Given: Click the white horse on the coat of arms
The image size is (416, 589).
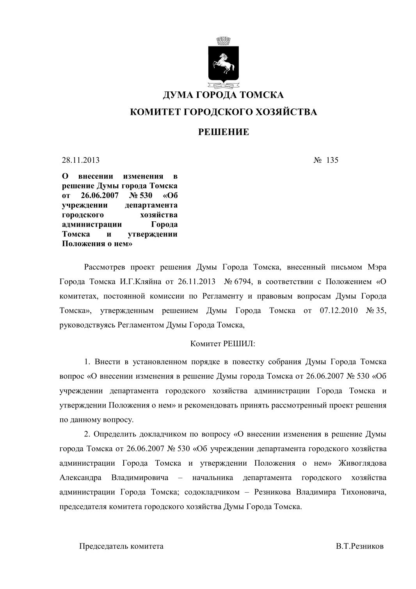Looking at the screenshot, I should [223, 64].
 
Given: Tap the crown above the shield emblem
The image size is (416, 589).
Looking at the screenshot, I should [224, 40].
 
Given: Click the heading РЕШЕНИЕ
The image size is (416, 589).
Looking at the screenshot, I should [224, 132].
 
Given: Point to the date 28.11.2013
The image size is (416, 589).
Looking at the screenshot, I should [81, 160].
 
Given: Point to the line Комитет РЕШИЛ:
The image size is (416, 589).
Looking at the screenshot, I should [223, 344].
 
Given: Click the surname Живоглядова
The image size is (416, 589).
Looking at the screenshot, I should [363, 463].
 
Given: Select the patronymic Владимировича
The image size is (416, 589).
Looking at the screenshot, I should [140, 478].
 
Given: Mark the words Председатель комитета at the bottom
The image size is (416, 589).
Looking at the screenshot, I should [121, 546].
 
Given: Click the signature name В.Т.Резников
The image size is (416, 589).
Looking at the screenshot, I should [360, 546].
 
